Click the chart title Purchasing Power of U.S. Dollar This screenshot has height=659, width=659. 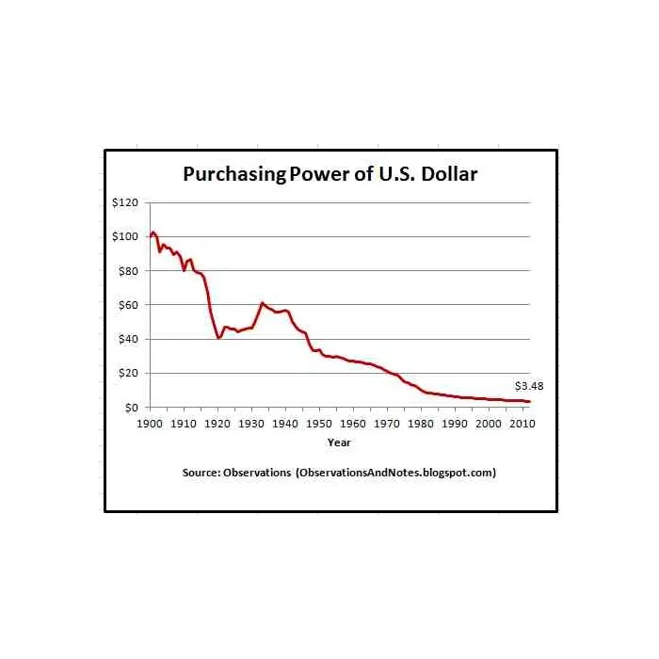pos(330,174)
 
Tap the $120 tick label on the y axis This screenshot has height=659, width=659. pos(125,202)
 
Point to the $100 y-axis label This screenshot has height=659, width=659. pos(125,236)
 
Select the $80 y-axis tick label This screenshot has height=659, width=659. pos(128,270)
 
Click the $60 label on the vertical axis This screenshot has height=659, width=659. pos(128,305)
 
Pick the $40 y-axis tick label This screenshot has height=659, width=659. pos(128,339)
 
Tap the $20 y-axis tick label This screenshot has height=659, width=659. pos(128,373)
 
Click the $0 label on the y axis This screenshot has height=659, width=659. pos(131,407)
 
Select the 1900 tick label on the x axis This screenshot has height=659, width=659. pos(151,424)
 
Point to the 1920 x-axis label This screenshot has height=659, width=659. pos(217,424)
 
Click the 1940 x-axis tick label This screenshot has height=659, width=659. pos(285,424)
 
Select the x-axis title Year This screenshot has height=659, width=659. pos(339,442)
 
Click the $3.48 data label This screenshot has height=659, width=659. pos(529,386)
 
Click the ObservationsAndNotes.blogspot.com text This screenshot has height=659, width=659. pos(395,473)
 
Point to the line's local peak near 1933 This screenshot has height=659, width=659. pos(262,303)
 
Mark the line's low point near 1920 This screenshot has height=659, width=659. pos(218,338)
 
